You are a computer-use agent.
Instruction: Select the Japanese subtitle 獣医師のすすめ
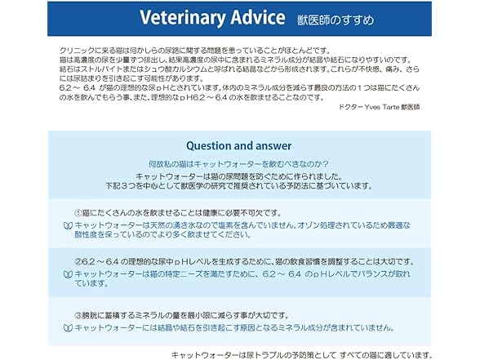(x=336, y=20)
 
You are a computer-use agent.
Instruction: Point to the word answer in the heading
(x=273, y=146)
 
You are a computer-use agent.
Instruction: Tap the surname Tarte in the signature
(x=389, y=107)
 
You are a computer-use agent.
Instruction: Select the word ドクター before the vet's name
(x=351, y=107)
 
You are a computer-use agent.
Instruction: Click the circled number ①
(x=78, y=212)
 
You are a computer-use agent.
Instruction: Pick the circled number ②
(x=78, y=262)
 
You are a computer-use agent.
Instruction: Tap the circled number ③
(x=78, y=315)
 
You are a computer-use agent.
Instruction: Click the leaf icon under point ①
(x=68, y=226)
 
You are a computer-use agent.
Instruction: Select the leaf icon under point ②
(x=68, y=274)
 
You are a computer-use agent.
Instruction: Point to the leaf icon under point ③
(x=68, y=328)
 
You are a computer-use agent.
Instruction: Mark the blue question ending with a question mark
(x=238, y=164)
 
